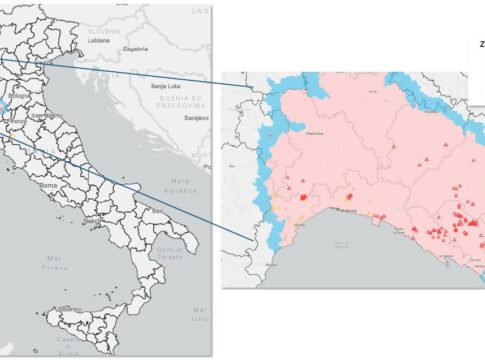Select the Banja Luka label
pos(163,86)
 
